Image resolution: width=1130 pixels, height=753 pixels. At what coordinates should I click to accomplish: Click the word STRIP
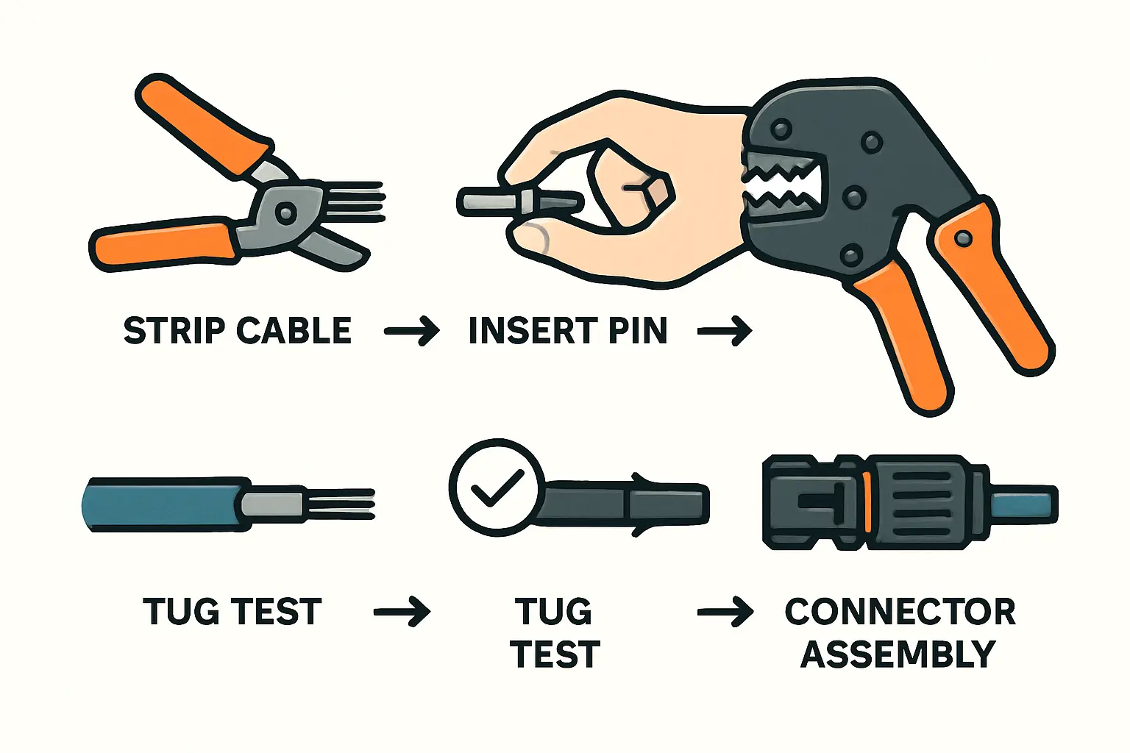pos(174,331)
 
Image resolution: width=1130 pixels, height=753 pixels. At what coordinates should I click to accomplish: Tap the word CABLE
pos(294,331)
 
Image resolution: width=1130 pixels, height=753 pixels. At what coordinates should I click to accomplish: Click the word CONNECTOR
pos(900,612)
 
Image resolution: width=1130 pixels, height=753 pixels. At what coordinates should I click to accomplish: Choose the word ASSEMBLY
pos(898,654)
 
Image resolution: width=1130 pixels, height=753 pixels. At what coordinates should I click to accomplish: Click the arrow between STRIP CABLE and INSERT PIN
pos(412,332)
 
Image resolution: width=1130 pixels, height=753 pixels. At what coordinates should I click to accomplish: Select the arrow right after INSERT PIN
pos(725,332)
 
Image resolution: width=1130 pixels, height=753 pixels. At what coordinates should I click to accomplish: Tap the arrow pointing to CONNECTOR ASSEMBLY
pos(725,613)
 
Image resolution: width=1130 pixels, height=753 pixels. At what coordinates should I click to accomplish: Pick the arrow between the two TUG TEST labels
pos(402,613)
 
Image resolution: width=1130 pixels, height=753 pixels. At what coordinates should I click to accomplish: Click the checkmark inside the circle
pos(497,488)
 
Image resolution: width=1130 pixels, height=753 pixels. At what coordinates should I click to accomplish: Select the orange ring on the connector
pos(867,503)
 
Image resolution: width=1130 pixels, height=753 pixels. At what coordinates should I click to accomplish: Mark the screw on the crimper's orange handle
pos(964,238)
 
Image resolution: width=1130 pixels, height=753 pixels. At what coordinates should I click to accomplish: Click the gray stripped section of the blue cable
pos(272,504)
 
